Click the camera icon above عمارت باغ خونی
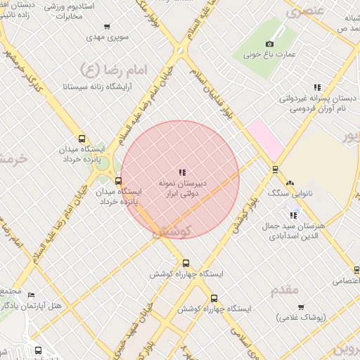coord(269,44)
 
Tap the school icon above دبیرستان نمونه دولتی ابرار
coord(182,172)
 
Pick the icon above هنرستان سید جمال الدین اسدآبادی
coord(294,215)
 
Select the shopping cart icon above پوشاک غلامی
coord(301,307)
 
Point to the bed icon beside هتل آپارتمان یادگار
coord(32,295)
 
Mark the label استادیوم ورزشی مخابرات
coord(63,11)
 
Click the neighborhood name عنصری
coord(304,11)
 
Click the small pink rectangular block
coord(264,138)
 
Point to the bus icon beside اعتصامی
coord(356,270)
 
